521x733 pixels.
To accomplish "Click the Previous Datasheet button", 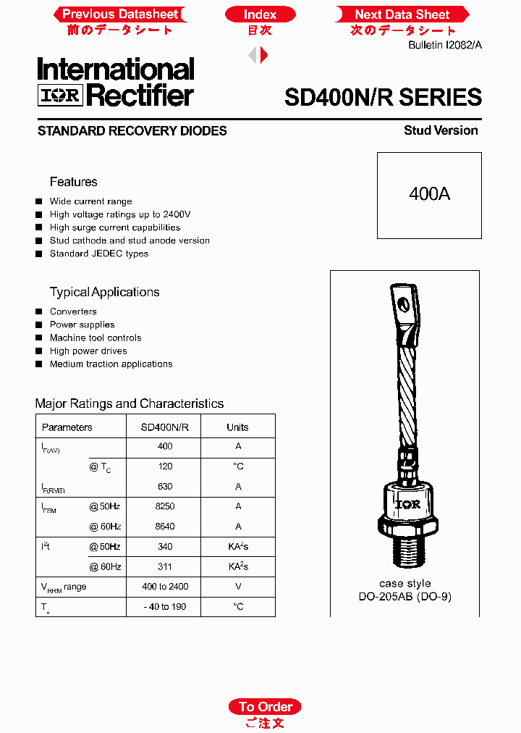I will point(119,14).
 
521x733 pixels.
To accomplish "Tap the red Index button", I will point(260,14).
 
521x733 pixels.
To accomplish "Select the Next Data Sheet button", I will point(402,14).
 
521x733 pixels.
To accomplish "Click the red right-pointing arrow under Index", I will point(265,54).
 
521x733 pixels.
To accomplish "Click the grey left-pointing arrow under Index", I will point(253,54).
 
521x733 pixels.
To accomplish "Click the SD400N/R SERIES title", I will point(383,97).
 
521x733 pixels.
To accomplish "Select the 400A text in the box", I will point(429,194).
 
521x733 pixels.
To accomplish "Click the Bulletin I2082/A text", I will point(445,45).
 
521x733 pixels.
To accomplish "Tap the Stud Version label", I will point(441,130).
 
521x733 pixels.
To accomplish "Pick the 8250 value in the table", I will point(165,506).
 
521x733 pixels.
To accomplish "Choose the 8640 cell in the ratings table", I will point(165,527).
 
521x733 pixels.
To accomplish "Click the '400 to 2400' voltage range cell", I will point(165,587).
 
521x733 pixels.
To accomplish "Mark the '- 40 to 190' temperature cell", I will point(165,607).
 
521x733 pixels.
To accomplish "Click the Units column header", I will point(237,427).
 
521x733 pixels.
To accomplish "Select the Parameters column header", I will point(67,427).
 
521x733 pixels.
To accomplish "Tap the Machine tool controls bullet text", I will point(96,338).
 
